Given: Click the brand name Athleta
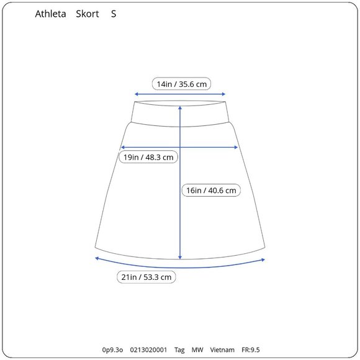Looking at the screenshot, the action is coord(50,14).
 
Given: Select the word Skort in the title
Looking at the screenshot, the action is coord(88,14).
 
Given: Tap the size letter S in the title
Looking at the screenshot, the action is coord(114,14).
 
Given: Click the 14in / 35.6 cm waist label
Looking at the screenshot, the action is coord(182,84).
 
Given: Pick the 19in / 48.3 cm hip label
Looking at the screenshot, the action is coord(148,157).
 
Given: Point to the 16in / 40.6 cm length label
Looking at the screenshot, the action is coord(211,190).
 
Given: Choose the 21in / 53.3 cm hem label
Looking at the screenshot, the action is coord(146,277).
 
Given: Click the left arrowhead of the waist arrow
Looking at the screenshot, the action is coord(136,94).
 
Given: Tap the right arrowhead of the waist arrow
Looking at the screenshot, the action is coord(224,94).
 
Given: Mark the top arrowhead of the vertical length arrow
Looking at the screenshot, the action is coord(180,107).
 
